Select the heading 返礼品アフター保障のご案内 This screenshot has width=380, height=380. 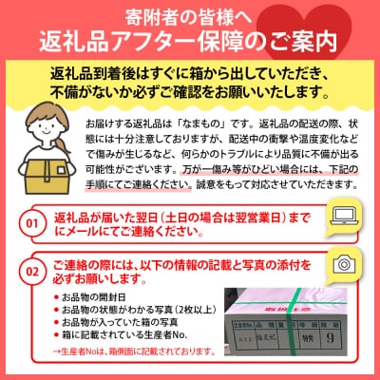[190, 41]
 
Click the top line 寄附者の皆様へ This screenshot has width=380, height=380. [190, 14]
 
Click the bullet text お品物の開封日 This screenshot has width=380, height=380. [95, 296]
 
